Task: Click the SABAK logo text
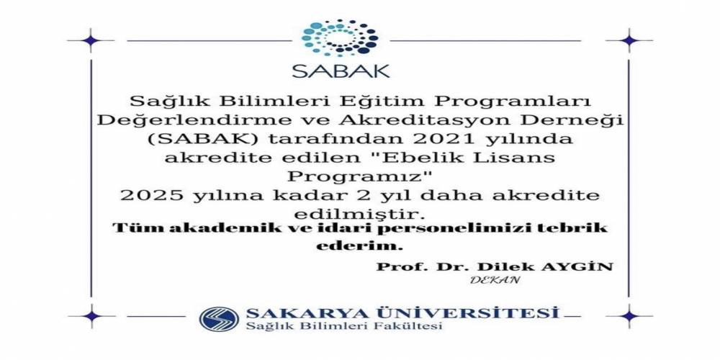coord(341,71)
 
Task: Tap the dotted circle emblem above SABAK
coord(341,37)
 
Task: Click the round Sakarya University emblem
coord(219,319)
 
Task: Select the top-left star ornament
coord(91,40)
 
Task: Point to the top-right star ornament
coord(629,40)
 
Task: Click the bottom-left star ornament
coord(91,316)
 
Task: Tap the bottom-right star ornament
coord(629,316)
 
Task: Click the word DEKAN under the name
coord(495,279)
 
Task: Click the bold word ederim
coord(359,246)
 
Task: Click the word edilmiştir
coord(359,215)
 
